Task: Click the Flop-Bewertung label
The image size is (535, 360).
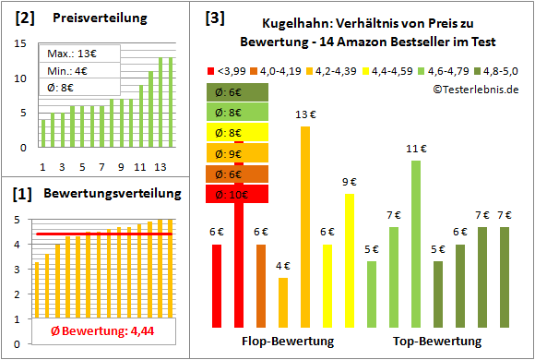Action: pos(287,341)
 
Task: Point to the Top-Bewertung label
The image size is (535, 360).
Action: pos(437,341)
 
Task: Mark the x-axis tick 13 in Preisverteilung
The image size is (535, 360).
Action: pos(159,167)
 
